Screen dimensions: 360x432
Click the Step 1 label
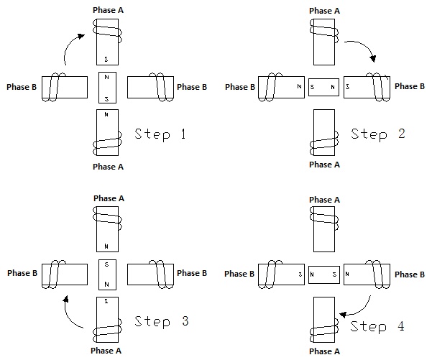161,133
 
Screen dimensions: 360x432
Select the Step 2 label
377,133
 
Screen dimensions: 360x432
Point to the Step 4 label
378,327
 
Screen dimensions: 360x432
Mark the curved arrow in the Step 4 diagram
357,306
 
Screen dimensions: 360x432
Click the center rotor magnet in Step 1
106,87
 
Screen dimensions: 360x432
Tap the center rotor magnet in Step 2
323,87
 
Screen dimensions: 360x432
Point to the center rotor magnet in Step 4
323,274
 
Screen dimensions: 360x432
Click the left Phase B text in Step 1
21,87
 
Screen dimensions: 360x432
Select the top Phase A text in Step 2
324,11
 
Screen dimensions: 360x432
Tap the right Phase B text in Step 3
192,273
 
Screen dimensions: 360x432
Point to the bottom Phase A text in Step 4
324,351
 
